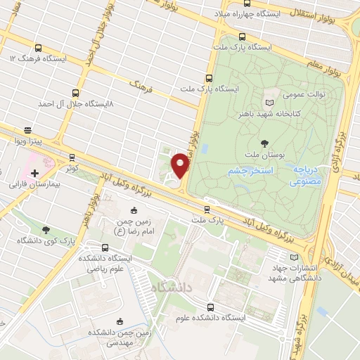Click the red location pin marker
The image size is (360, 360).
(x=181, y=166)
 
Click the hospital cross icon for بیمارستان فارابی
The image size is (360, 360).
(x=34, y=172)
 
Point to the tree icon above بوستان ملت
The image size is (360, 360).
(x=264, y=143)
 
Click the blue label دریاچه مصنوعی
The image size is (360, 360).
(x=307, y=175)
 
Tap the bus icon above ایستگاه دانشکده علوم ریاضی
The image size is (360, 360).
(x=105, y=247)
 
